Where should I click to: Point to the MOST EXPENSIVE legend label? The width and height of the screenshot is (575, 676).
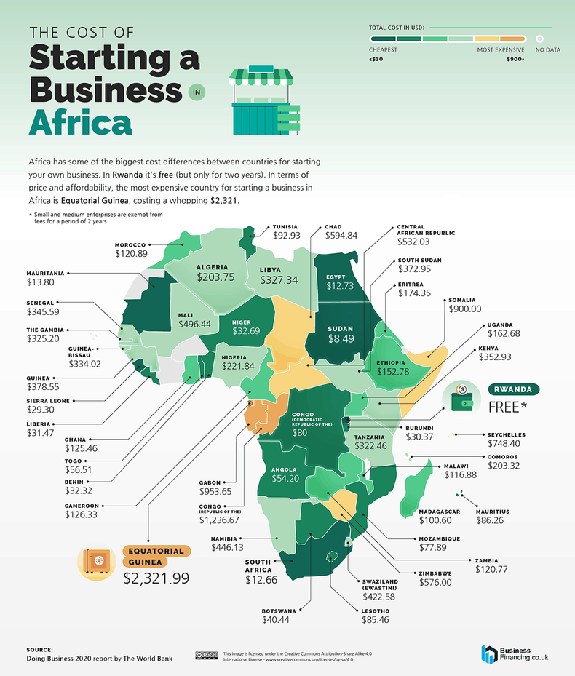click(x=501, y=50)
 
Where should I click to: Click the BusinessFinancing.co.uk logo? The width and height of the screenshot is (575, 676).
click(x=515, y=653)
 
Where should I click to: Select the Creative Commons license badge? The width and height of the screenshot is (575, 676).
click(x=205, y=655)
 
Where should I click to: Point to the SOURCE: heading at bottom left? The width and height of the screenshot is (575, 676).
click(x=39, y=649)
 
